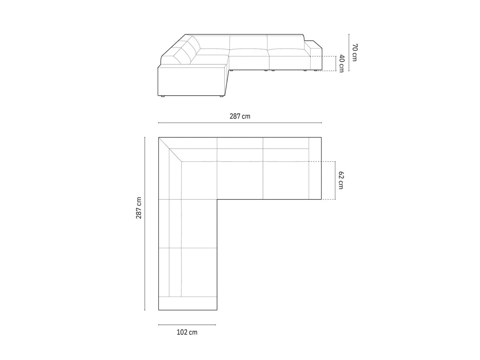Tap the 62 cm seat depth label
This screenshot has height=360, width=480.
[341, 180]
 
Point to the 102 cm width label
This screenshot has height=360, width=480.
[187, 332]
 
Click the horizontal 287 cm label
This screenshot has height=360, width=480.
[240, 116]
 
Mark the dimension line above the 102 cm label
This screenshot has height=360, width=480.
[187, 325]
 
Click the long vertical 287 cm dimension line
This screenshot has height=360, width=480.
[145, 224]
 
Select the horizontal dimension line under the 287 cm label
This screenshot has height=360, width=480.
[240, 123]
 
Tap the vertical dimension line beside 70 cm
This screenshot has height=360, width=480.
[349, 52]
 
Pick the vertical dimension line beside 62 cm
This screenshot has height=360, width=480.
[335, 180]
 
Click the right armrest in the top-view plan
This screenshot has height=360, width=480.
[315, 168]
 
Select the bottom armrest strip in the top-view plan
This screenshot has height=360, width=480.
[187, 303]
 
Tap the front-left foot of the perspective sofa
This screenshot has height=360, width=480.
[162, 96]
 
